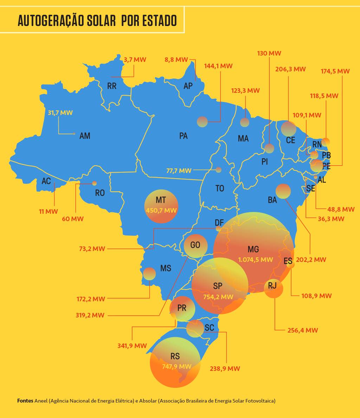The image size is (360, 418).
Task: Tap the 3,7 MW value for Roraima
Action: (135, 60)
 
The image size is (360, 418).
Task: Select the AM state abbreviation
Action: (85, 136)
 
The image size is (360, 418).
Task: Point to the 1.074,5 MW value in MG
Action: (256, 260)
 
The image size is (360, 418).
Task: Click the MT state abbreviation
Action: (161, 200)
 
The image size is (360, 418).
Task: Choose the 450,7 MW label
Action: (161, 210)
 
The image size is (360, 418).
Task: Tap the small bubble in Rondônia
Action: (94, 183)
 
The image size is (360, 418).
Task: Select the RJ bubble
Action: (273, 288)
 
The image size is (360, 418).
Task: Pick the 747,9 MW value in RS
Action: (176, 367)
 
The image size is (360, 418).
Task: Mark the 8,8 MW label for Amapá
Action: (176, 60)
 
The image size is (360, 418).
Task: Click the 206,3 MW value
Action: (290, 69)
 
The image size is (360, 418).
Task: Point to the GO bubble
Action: (195, 245)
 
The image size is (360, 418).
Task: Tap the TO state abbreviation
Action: (220, 188)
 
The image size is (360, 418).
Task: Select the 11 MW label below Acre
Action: (48, 212)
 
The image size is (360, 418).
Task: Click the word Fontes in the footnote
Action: (25, 401)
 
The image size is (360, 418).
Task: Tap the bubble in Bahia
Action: (283, 191)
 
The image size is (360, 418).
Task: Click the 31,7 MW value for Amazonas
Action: (60, 113)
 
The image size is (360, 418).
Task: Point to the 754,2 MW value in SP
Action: (218, 297)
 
